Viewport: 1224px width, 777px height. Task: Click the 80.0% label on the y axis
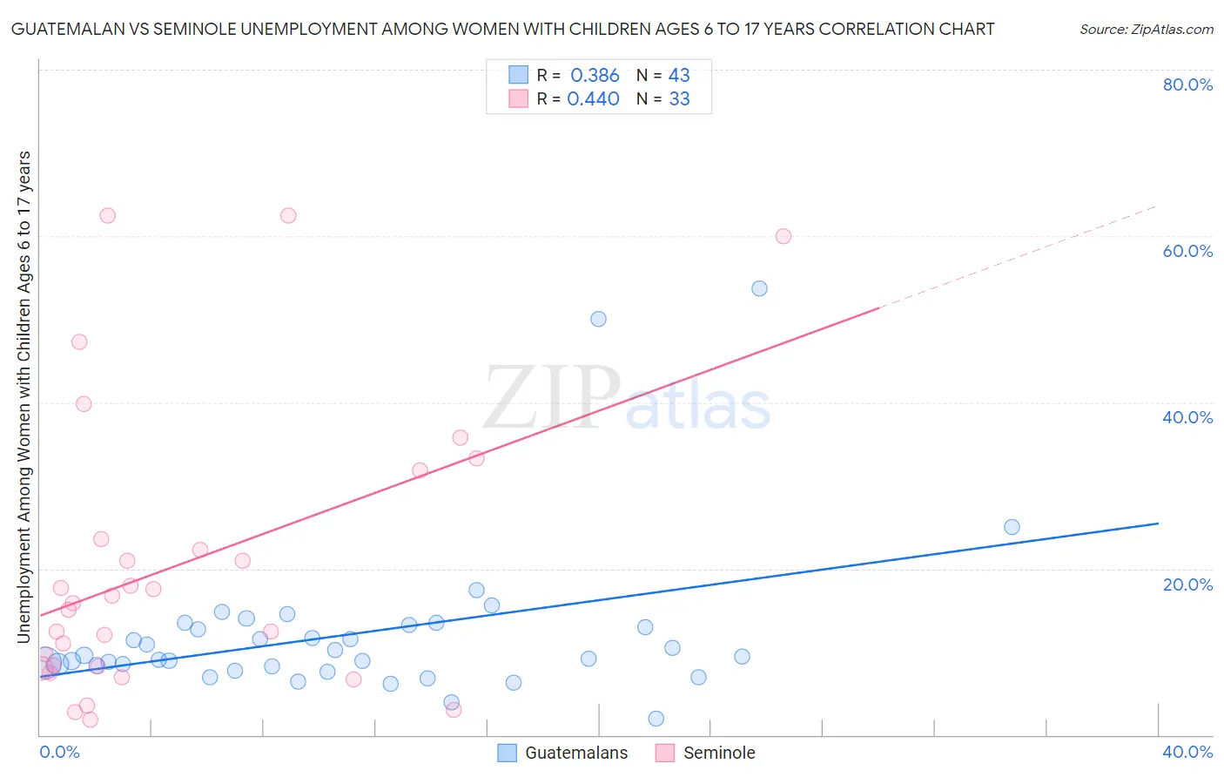click(x=1187, y=84)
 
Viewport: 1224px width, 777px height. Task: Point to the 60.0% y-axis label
click(x=1187, y=251)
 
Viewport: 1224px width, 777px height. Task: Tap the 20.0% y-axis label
click(x=1187, y=584)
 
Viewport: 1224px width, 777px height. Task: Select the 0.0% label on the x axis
click(x=59, y=752)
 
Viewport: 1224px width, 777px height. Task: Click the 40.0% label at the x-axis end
click(x=1187, y=752)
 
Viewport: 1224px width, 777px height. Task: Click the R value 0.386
click(x=595, y=76)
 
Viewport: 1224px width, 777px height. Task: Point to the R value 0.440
click(x=593, y=99)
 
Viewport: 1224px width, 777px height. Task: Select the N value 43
click(x=679, y=76)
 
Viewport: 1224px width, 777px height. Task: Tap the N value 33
click(x=679, y=99)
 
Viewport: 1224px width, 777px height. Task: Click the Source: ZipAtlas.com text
click(x=1146, y=30)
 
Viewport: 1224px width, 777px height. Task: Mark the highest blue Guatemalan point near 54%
click(x=759, y=288)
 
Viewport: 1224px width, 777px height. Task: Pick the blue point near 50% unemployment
click(x=598, y=319)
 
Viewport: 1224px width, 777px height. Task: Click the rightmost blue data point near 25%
click(x=1012, y=527)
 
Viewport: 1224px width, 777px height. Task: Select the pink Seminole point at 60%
click(x=783, y=236)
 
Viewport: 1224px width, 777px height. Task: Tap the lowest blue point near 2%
click(x=656, y=719)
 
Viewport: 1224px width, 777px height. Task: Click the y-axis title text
click(x=24, y=396)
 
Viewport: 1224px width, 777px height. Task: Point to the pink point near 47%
click(x=79, y=341)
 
